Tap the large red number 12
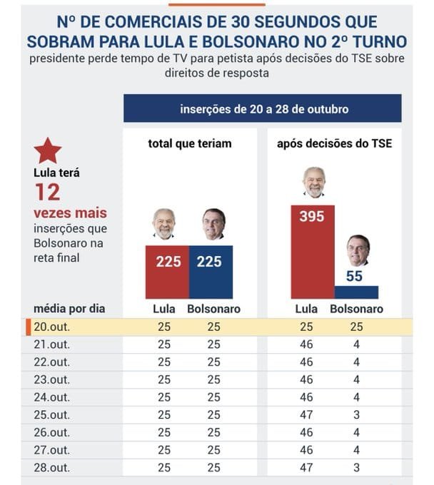click(x=48, y=192)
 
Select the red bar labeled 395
click(x=312, y=257)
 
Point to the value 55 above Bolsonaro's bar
click(x=355, y=275)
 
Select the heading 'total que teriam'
click(x=190, y=143)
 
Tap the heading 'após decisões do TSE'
click(x=333, y=143)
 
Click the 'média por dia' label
click(x=69, y=309)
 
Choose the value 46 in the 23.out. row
click(x=306, y=379)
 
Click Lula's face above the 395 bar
click(x=313, y=182)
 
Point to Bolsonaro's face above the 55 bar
click(x=358, y=250)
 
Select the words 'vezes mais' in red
click(x=69, y=213)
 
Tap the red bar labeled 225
click(x=168, y=272)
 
